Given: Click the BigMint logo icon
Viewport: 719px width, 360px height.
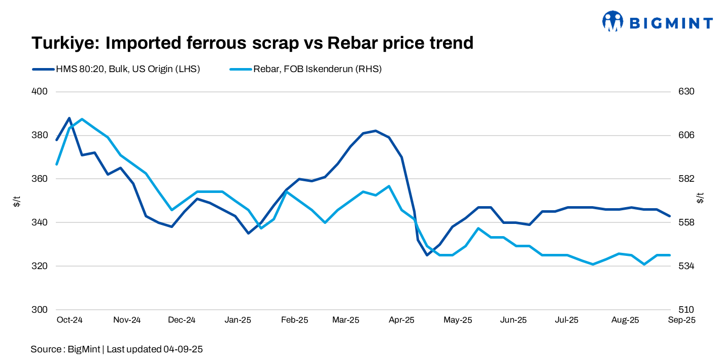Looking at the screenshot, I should pyautogui.click(x=612, y=21).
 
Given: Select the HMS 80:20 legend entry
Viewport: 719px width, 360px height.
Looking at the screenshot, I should pyautogui.click(x=127, y=69).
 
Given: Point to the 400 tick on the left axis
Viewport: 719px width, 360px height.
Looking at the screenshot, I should pyautogui.click(x=40, y=92).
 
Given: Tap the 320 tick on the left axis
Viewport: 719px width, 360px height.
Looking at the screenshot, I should pyautogui.click(x=40, y=266).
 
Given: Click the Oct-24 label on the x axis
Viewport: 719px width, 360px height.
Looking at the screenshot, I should pyautogui.click(x=70, y=320).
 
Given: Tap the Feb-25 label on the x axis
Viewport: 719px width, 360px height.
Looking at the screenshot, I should pyautogui.click(x=295, y=320).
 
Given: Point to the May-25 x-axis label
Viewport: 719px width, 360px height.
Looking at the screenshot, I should pyautogui.click(x=458, y=320).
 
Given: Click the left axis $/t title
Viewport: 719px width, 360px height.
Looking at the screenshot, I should pyautogui.click(x=17, y=201).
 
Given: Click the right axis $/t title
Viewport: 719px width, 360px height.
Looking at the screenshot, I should pyautogui.click(x=700, y=198).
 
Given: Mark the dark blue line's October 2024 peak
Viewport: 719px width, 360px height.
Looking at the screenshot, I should pyautogui.click(x=70, y=118).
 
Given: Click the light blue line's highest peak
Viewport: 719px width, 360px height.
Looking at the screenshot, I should pyautogui.click(x=82, y=119).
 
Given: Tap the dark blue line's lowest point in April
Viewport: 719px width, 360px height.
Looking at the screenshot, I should pyautogui.click(x=427, y=255).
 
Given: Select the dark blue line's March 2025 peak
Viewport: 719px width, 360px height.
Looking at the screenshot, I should pyautogui.click(x=375, y=130).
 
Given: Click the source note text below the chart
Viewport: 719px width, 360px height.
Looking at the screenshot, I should pyautogui.click(x=117, y=349).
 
